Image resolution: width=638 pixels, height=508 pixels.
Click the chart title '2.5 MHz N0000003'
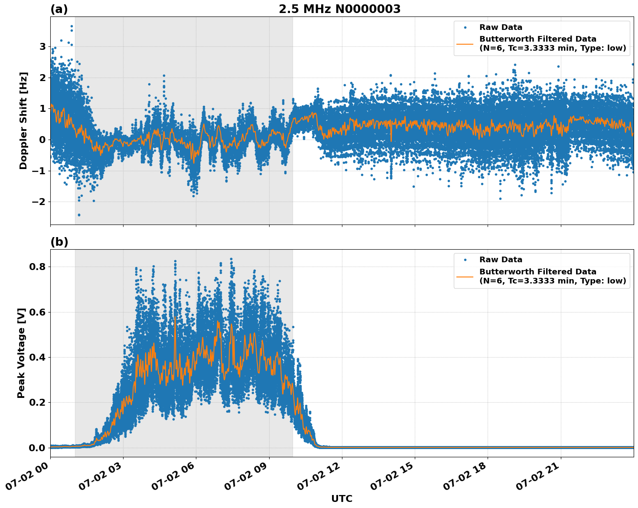[339, 9]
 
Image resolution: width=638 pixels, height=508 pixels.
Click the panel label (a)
[59, 9]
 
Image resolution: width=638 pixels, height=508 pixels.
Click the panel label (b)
[59, 242]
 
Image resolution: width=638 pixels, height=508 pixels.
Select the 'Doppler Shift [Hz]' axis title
[23, 120]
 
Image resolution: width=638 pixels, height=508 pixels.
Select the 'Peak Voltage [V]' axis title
[21, 353]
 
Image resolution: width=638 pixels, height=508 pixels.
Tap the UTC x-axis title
[342, 498]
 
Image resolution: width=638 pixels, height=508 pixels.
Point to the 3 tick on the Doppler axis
[42, 46]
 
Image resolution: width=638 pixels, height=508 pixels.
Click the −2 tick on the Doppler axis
[40, 202]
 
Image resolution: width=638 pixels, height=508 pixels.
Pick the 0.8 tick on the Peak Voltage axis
[37, 267]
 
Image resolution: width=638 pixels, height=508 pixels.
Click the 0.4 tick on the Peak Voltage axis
[37, 357]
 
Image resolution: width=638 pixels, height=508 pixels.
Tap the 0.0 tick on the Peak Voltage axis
[37, 448]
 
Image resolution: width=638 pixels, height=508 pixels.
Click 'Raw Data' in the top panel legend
[501, 27]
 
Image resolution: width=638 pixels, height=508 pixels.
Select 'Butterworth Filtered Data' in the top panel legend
[537, 39]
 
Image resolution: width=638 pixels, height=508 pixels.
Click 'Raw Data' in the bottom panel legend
[501, 260]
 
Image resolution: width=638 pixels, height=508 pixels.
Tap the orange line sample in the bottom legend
[465, 276]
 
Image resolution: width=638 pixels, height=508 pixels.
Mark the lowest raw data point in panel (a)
[78, 215]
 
